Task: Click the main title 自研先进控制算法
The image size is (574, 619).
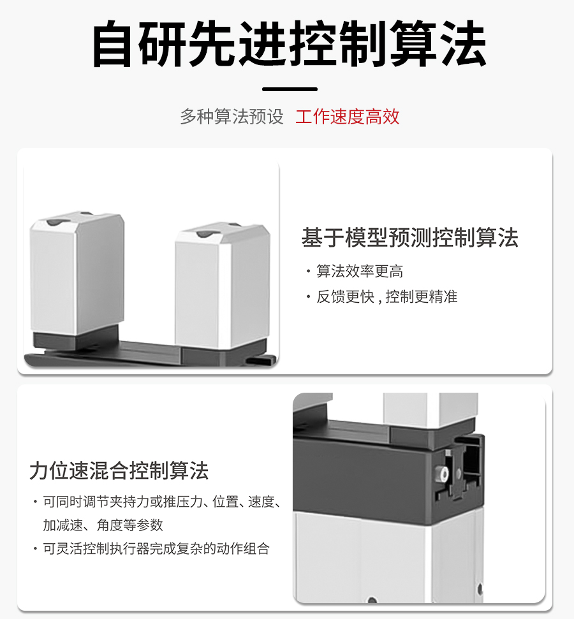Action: (289, 45)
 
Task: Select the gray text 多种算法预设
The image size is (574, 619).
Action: (232, 117)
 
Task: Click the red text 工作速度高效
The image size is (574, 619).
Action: (348, 117)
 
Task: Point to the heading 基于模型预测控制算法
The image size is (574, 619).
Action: (409, 238)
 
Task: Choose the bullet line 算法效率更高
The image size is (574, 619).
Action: (360, 272)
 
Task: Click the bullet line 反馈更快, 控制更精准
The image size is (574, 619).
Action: (387, 297)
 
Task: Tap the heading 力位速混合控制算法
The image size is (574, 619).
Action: (119, 471)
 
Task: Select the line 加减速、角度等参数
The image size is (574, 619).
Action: (103, 525)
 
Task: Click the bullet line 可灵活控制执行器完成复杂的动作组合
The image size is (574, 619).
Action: (156, 549)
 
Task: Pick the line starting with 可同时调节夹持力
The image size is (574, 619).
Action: (162, 502)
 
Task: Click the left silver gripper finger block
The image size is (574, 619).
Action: (77, 274)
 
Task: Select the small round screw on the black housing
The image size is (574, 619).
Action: (438, 474)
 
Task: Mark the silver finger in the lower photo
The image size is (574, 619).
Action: (430, 408)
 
